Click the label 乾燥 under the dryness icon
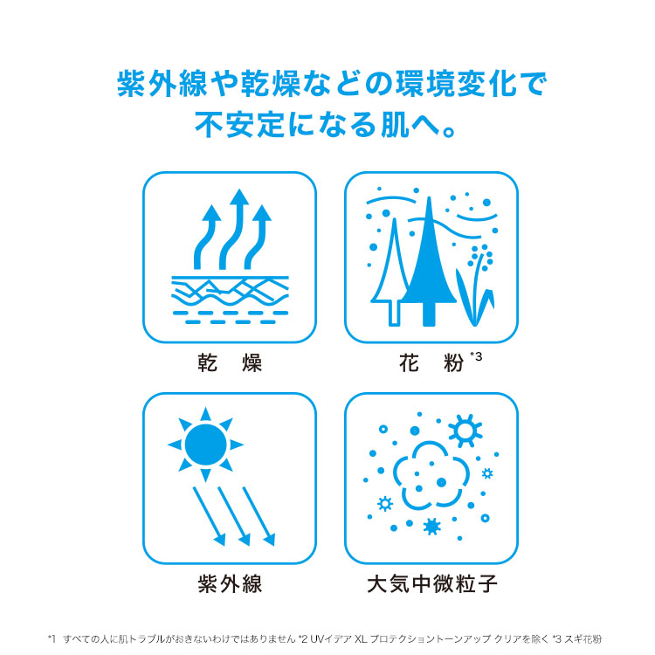pyautogui.click(x=230, y=362)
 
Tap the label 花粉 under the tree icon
pyautogui.click(x=431, y=362)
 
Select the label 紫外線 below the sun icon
pyautogui.click(x=230, y=583)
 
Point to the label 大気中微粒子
pyautogui.click(x=432, y=583)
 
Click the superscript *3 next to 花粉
pyautogui.click(x=476, y=356)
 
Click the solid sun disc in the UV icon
pyautogui.click(x=205, y=445)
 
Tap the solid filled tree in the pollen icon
pyautogui.click(x=429, y=267)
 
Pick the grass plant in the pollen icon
pyautogui.click(x=475, y=288)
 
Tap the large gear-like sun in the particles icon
pyautogui.click(x=465, y=431)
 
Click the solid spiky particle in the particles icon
pyautogui.click(x=432, y=527)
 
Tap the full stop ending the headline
pyautogui.click(x=449, y=132)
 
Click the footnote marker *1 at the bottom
pyautogui.click(x=52, y=639)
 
